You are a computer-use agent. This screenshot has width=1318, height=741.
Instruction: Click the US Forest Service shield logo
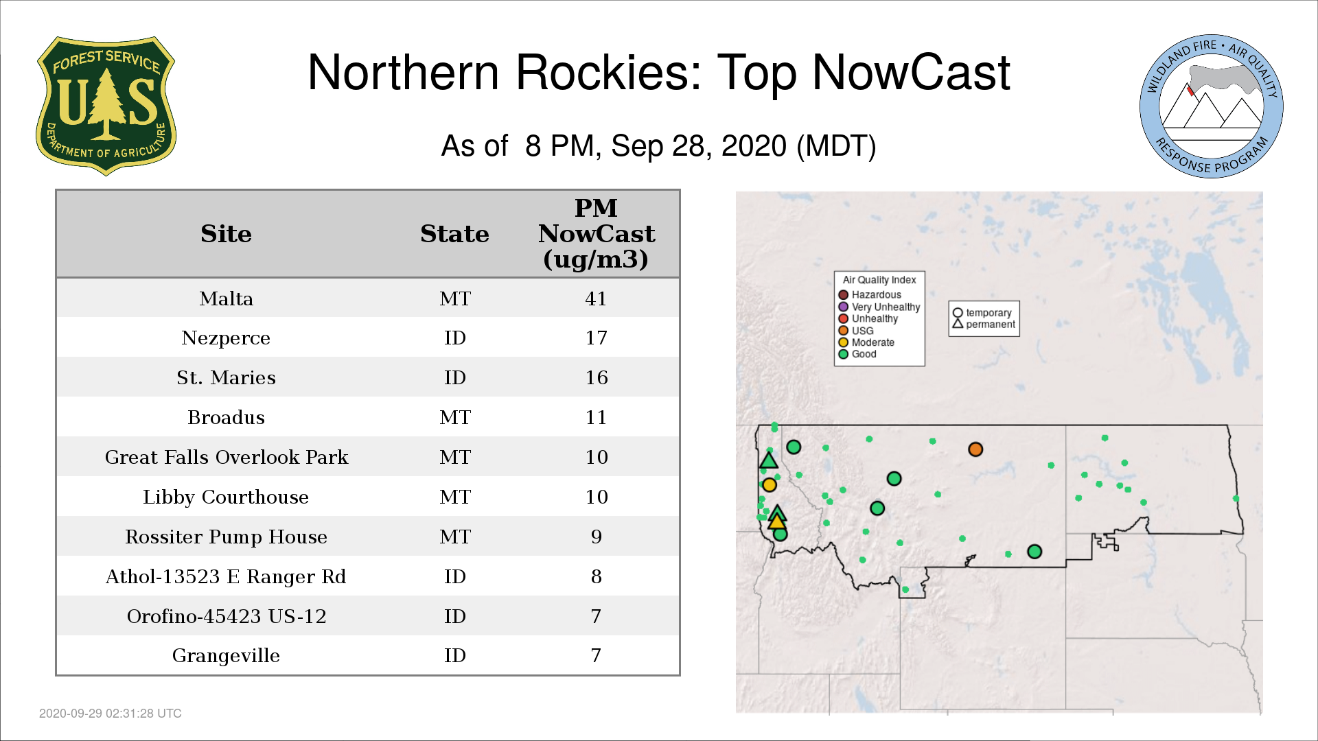[106, 106]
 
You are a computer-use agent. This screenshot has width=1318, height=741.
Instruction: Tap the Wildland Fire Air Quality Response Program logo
[1212, 106]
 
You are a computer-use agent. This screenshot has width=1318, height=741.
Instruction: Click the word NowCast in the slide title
[911, 72]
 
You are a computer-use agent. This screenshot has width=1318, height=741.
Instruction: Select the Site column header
[226, 234]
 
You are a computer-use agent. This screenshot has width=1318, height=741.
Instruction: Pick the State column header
[454, 234]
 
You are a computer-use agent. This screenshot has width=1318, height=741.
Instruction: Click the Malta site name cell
[226, 298]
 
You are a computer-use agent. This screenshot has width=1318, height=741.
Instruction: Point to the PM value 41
[596, 298]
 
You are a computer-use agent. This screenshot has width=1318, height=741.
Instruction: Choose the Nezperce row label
[226, 338]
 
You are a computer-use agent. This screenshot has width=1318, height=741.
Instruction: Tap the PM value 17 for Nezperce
[596, 338]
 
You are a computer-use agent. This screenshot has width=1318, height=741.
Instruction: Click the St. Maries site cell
[226, 377]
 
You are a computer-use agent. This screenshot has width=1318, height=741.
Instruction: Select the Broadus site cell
[226, 417]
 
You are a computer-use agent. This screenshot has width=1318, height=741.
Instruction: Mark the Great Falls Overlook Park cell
[226, 457]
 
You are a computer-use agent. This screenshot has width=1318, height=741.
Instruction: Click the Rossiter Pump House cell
[226, 537]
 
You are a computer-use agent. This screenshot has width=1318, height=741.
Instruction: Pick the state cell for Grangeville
[454, 655]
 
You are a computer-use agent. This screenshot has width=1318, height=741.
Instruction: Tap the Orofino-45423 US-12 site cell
[226, 616]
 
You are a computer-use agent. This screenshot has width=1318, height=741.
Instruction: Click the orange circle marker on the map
[975, 449]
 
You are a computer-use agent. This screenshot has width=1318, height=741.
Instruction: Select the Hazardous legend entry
[870, 295]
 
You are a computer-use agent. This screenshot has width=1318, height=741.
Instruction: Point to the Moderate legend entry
[866, 342]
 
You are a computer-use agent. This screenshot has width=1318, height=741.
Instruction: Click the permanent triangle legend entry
[984, 325]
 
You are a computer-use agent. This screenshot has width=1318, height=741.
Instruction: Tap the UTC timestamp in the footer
[111, 714]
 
